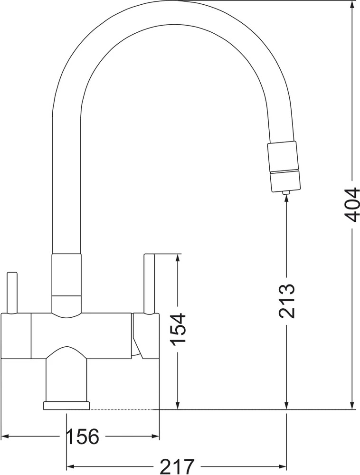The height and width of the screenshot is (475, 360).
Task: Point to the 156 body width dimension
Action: coord(82,437)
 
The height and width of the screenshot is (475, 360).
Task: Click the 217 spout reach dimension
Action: coord(177,466)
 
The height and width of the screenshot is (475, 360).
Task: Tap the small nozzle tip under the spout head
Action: coord(286,192)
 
